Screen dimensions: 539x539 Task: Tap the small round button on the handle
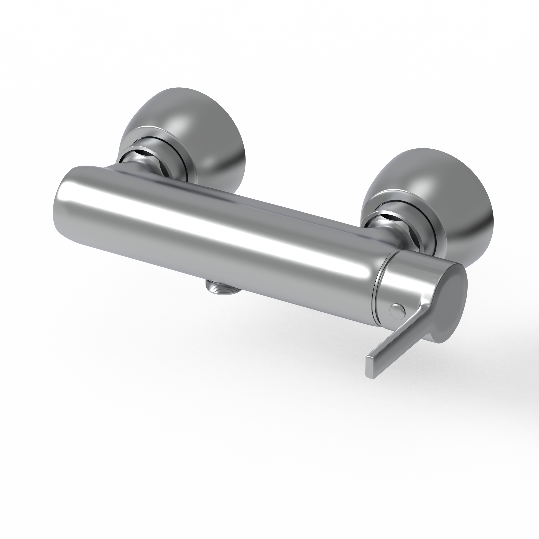[397, 311]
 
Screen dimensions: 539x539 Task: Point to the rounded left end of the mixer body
[60, 207]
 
